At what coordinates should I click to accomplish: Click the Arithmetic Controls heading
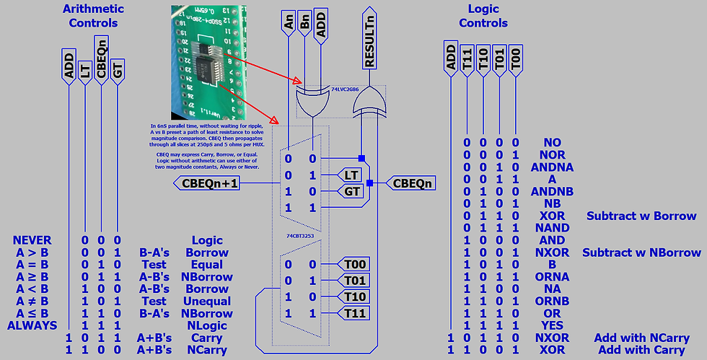click(x=93, y=16)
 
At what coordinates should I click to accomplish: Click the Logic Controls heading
click(x=483, y=16)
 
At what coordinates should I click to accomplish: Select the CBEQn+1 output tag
click(x=209, y=183)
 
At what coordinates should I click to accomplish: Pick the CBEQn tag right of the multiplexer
click(x=412, y=183)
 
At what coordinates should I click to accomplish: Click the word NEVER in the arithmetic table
click(x=32, y=240)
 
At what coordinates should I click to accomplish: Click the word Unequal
click(x=208, y=302)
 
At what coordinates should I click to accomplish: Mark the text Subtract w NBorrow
click(x=643, y=253)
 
